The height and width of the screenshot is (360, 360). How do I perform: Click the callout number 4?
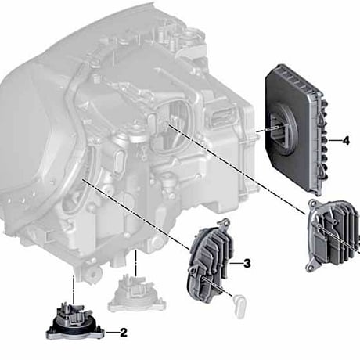pos(346,141)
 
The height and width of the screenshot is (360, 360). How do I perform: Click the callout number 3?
pos(247,264)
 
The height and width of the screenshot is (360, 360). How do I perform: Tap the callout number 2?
pos(123,333)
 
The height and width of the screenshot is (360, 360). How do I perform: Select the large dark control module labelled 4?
pos(297,130)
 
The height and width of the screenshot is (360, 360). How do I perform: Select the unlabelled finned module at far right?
pos(333,236)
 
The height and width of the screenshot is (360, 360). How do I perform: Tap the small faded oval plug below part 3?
pos(239,305)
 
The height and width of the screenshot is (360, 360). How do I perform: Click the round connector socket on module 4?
pos(283,131)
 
